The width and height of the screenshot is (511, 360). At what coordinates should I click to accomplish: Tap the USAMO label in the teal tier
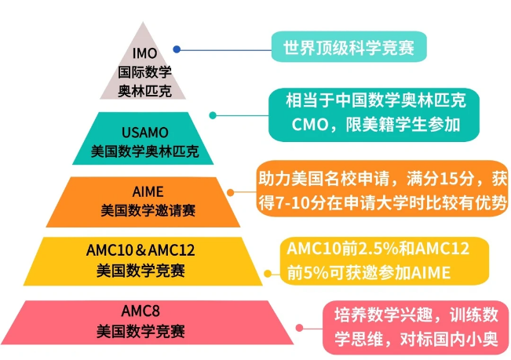tap(144, 132)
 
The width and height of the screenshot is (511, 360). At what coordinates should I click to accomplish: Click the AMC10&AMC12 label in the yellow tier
tap(141, 252)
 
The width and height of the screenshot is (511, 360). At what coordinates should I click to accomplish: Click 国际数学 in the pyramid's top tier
tap(144, 71)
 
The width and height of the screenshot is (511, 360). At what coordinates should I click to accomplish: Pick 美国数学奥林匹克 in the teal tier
tap(144, 150)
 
